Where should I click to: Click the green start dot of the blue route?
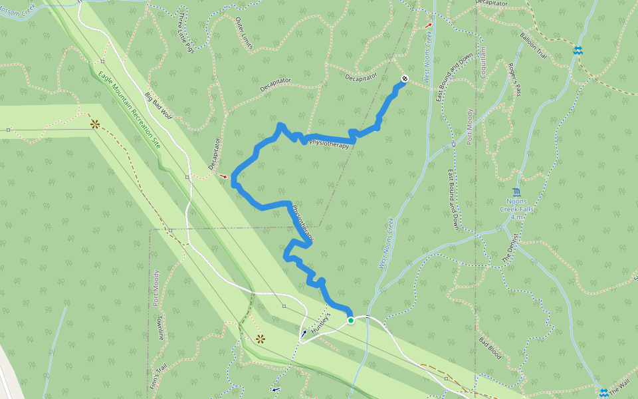click(351, 321)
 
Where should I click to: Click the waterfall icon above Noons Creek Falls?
click(516, 193)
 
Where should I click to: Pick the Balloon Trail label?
click(534, 46)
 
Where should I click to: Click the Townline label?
click(160, 327)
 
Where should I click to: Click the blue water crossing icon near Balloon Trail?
click(578, 51)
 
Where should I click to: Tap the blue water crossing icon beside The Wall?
click(603, 392)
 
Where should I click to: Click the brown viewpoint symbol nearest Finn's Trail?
click(260, 338)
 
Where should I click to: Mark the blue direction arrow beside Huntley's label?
click(304, 332)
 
